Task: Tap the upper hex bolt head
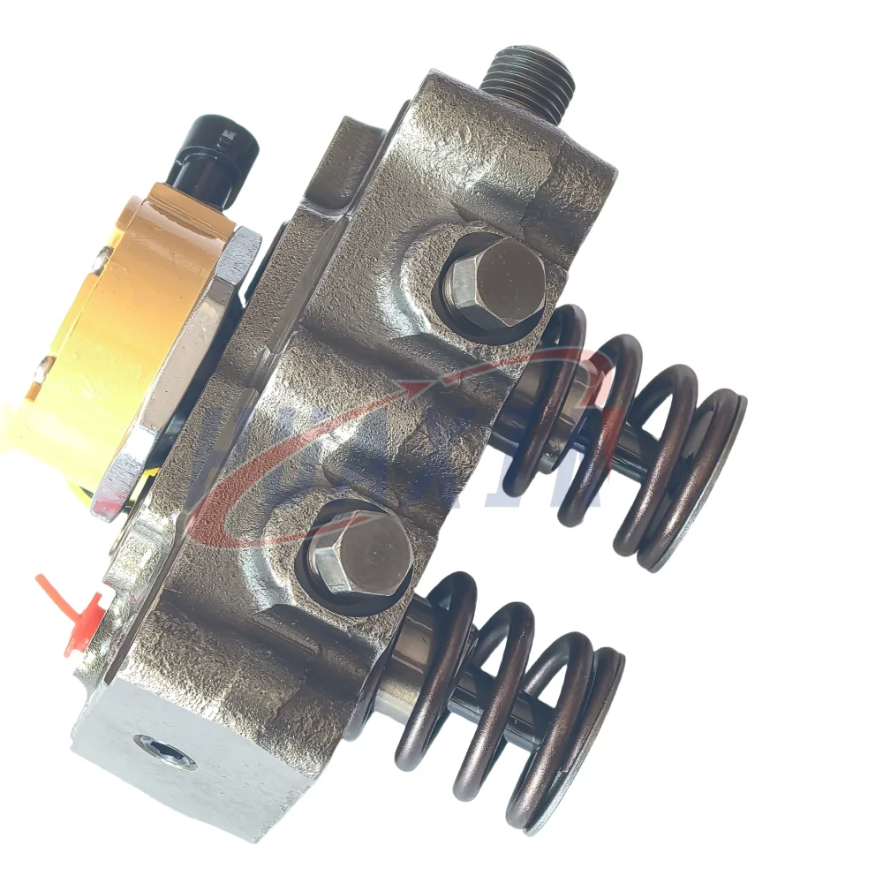click(494, 283)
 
